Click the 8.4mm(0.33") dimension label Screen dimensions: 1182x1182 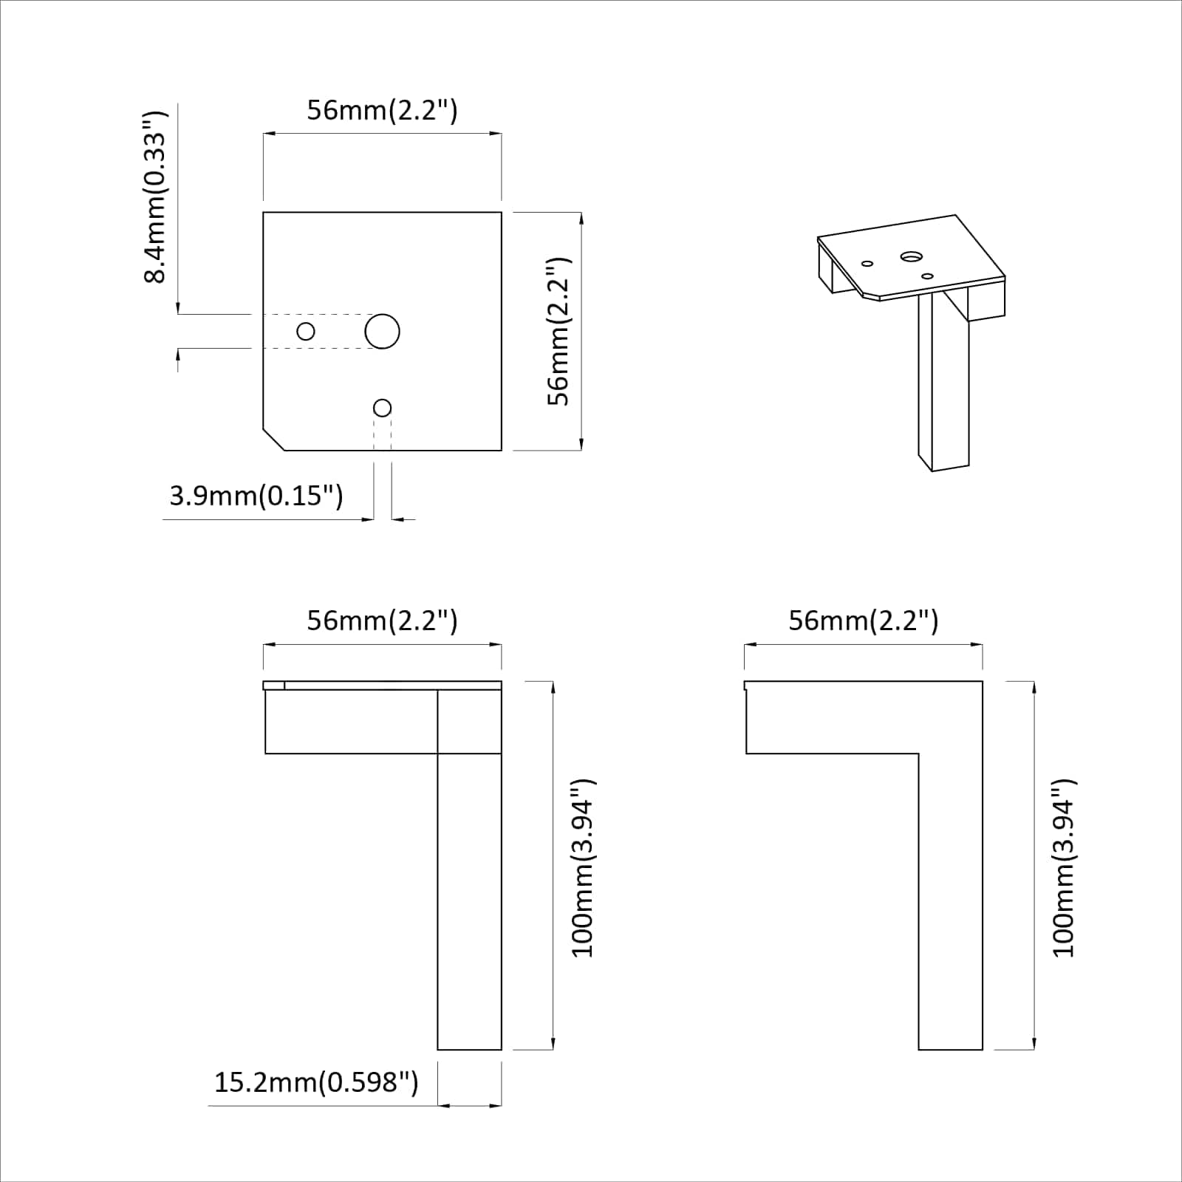[x=156, y=198]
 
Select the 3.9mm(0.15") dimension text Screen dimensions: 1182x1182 [x=256, y=495]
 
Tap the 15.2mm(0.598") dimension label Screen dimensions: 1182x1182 [x=316, y=1083]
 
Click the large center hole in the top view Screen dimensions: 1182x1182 [x=382, y=331]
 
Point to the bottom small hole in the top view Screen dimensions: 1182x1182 [x=382, y=408]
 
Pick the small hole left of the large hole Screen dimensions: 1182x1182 [x=305, y=331]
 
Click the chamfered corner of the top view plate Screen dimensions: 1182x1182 [x=274, y=439]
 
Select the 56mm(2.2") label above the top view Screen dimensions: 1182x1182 [x=382, y=110]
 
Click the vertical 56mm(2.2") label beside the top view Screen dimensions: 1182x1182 [x=559, y=331]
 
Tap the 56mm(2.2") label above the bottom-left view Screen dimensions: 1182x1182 [x=382, y=621]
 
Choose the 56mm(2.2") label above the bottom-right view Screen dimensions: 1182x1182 [x=863, y=621]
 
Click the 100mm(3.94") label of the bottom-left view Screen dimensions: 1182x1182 [x=584, y=868]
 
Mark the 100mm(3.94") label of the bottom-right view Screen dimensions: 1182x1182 [x=1064, y=868]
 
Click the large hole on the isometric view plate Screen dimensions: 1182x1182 [x=911, y=256]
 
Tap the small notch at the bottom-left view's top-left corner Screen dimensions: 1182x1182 [x=273, y=686]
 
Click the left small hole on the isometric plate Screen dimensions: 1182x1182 [x=867, y=263]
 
